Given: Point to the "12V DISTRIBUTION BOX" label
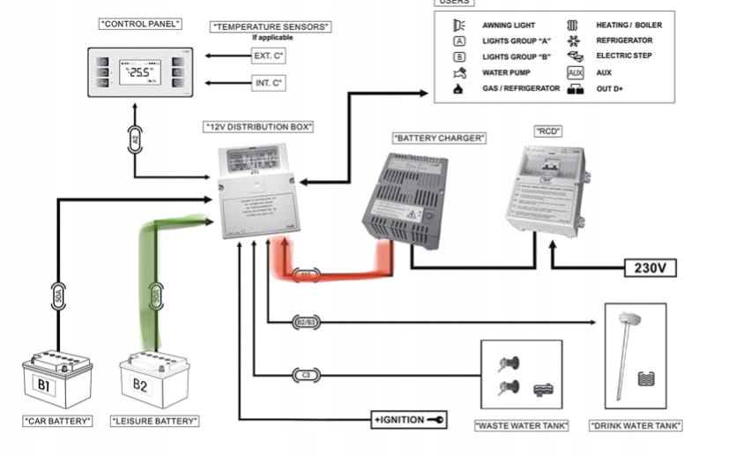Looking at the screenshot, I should pos(259,127).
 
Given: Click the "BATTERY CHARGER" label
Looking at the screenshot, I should pos(439,138).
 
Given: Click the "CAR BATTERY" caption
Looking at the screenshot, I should pos(57,421).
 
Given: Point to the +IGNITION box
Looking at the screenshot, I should pos(410,420).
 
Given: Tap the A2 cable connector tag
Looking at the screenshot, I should pos(135,139).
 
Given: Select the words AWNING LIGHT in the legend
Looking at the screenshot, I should pos(509,26).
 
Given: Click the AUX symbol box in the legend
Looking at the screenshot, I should pos(576,72).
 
